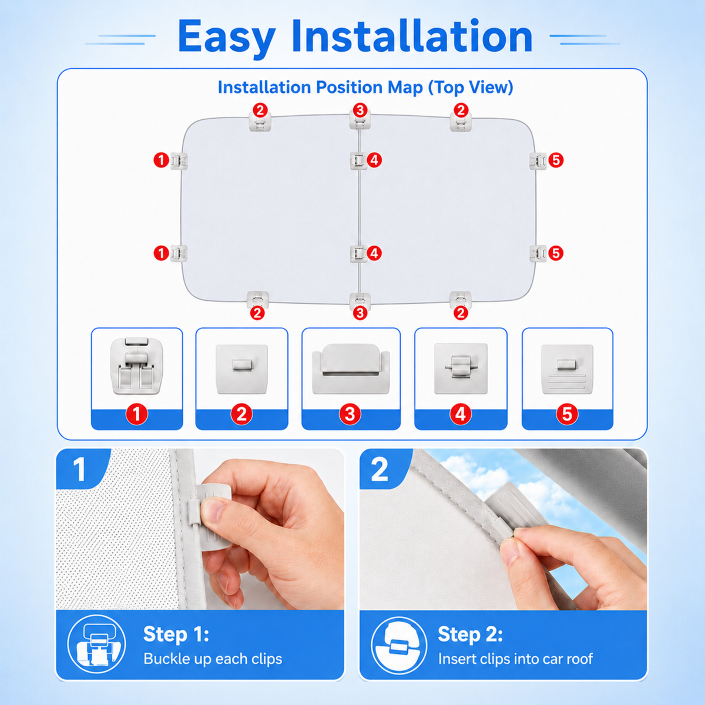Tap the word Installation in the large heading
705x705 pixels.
coord(412,36)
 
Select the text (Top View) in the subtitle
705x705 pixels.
coord(471,88)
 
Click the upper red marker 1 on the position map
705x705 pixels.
coord(161,160)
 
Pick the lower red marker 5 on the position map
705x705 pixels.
coord(556,253)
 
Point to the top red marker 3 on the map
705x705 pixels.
coord(360,110)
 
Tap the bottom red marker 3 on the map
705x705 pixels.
coord(360,313)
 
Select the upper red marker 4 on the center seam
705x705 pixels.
coord(374,160)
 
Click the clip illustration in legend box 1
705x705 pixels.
coord(137,365)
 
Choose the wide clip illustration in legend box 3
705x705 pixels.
coord(351,368)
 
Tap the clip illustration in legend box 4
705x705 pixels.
coord(461,368)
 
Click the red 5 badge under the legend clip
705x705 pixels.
coord(567,415)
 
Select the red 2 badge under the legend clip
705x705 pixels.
coord(241,415)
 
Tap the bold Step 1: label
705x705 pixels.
coord(176,634)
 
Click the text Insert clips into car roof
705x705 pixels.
coord(515,659)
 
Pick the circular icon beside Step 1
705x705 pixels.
coord(96,644)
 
